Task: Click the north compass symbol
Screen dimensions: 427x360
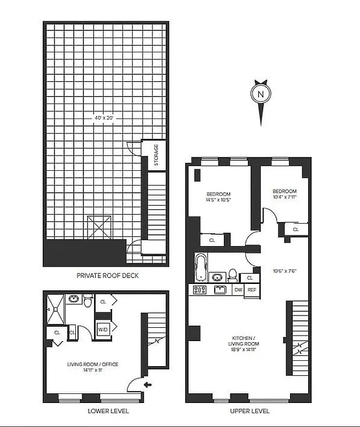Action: point(261,95)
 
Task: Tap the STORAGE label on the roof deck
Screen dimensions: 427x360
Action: point(156,155)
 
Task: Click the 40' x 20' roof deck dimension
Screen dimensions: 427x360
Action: point(104,117)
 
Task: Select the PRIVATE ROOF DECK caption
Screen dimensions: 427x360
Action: point(107,276)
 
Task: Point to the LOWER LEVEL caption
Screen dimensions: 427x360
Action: point(107,412)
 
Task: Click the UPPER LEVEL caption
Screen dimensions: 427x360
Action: point(249,412)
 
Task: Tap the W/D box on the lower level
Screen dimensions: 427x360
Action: point(103,329)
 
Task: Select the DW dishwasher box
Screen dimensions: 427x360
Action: point(238,290)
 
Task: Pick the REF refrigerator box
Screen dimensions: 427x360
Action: point(251,290)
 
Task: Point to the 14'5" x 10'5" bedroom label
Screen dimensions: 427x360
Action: point(218,197)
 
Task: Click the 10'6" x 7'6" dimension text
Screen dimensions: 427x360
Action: point(284,271)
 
